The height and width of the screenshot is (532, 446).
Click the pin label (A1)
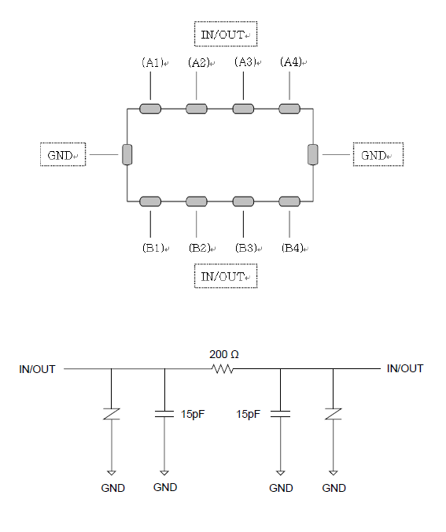153,62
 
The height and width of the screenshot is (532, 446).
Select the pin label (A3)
245,62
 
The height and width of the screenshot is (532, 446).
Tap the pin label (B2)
200,248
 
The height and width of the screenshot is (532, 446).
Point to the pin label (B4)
293,248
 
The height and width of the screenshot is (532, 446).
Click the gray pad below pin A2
197,109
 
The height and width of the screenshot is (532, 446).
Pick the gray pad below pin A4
289,109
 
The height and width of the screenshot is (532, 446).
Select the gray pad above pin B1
150,201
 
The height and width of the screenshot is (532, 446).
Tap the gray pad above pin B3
243,201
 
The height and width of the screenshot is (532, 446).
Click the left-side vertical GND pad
127,155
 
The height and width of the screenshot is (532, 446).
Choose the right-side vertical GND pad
313,155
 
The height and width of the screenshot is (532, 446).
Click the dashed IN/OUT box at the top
226,34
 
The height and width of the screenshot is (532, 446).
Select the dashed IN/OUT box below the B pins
226,276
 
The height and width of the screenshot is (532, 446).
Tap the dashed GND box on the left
63,155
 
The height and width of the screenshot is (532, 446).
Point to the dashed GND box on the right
378,155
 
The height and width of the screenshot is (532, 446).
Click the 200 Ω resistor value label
224,355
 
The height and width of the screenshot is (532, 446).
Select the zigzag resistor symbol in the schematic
223,369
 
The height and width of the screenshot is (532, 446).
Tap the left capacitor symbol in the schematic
164,414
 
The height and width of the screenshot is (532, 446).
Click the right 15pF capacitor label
249,414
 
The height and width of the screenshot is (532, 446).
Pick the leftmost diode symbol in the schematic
112,414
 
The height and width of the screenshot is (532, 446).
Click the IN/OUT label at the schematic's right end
405,368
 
